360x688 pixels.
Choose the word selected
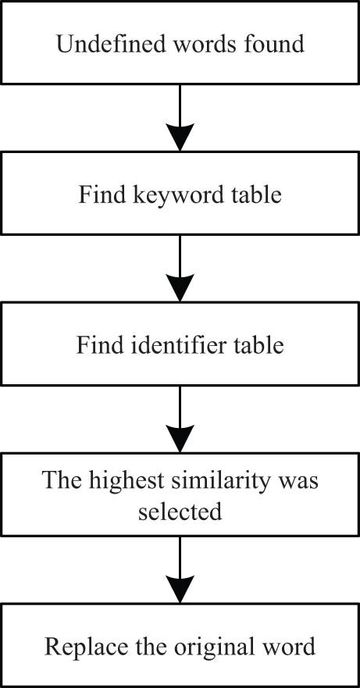point(180,512)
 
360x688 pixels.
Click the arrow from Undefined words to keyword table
point(180,118)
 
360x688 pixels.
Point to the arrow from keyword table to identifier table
point(180,269)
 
